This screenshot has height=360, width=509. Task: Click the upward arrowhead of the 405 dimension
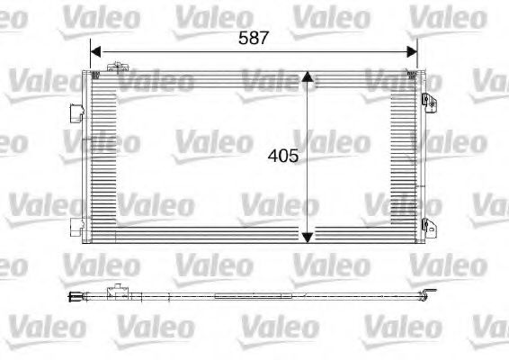[308, 79]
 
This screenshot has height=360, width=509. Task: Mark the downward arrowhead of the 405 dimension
[308, 236]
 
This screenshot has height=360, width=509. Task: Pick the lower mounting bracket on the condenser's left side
[76, 228]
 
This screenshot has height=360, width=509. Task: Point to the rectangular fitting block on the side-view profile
[116, 292]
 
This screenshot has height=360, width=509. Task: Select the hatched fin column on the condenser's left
[102, 155]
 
